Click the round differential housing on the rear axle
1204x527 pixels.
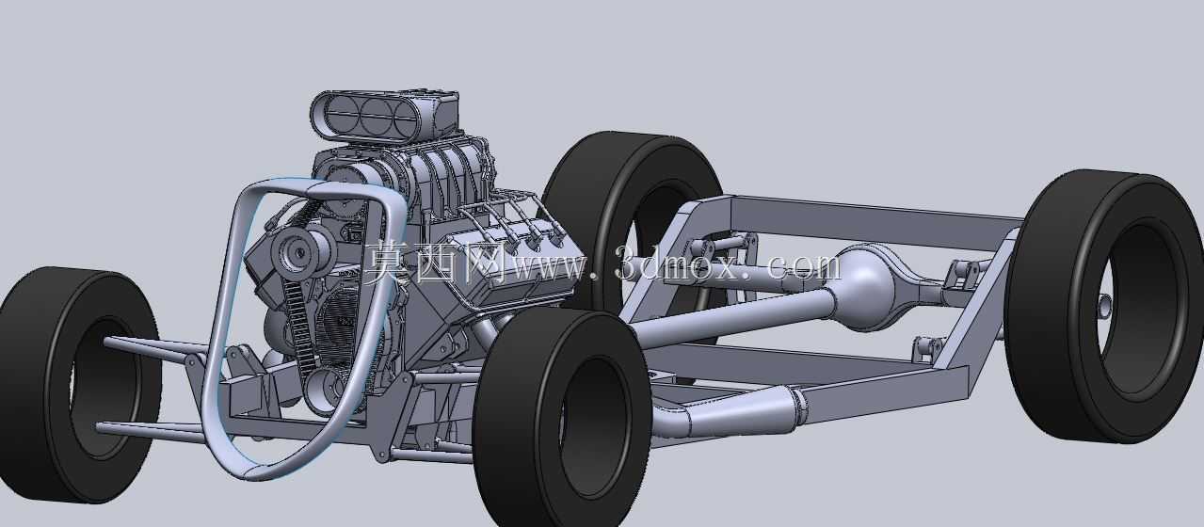point(864,286)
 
